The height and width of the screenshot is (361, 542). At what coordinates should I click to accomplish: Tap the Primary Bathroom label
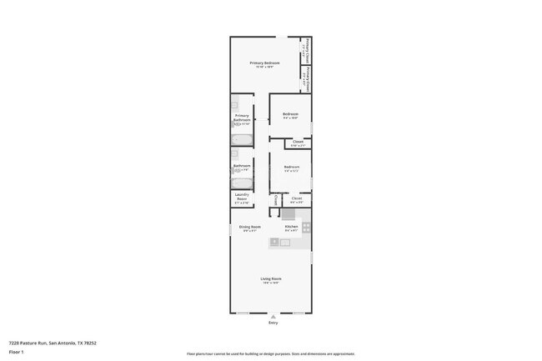[242, 118]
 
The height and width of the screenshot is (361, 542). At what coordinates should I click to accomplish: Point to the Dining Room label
[250, 228]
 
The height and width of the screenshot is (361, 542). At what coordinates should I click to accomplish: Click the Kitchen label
[291, 228]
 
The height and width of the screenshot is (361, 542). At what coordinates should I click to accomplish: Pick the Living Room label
[270, 279]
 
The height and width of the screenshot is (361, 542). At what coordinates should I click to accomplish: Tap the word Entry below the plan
[273, 323]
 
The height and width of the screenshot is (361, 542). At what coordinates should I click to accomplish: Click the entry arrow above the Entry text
[273, 316]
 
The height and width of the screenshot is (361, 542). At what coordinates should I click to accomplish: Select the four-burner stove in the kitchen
[306, 226]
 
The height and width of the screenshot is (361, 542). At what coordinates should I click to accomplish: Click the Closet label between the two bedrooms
[298, 143]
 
